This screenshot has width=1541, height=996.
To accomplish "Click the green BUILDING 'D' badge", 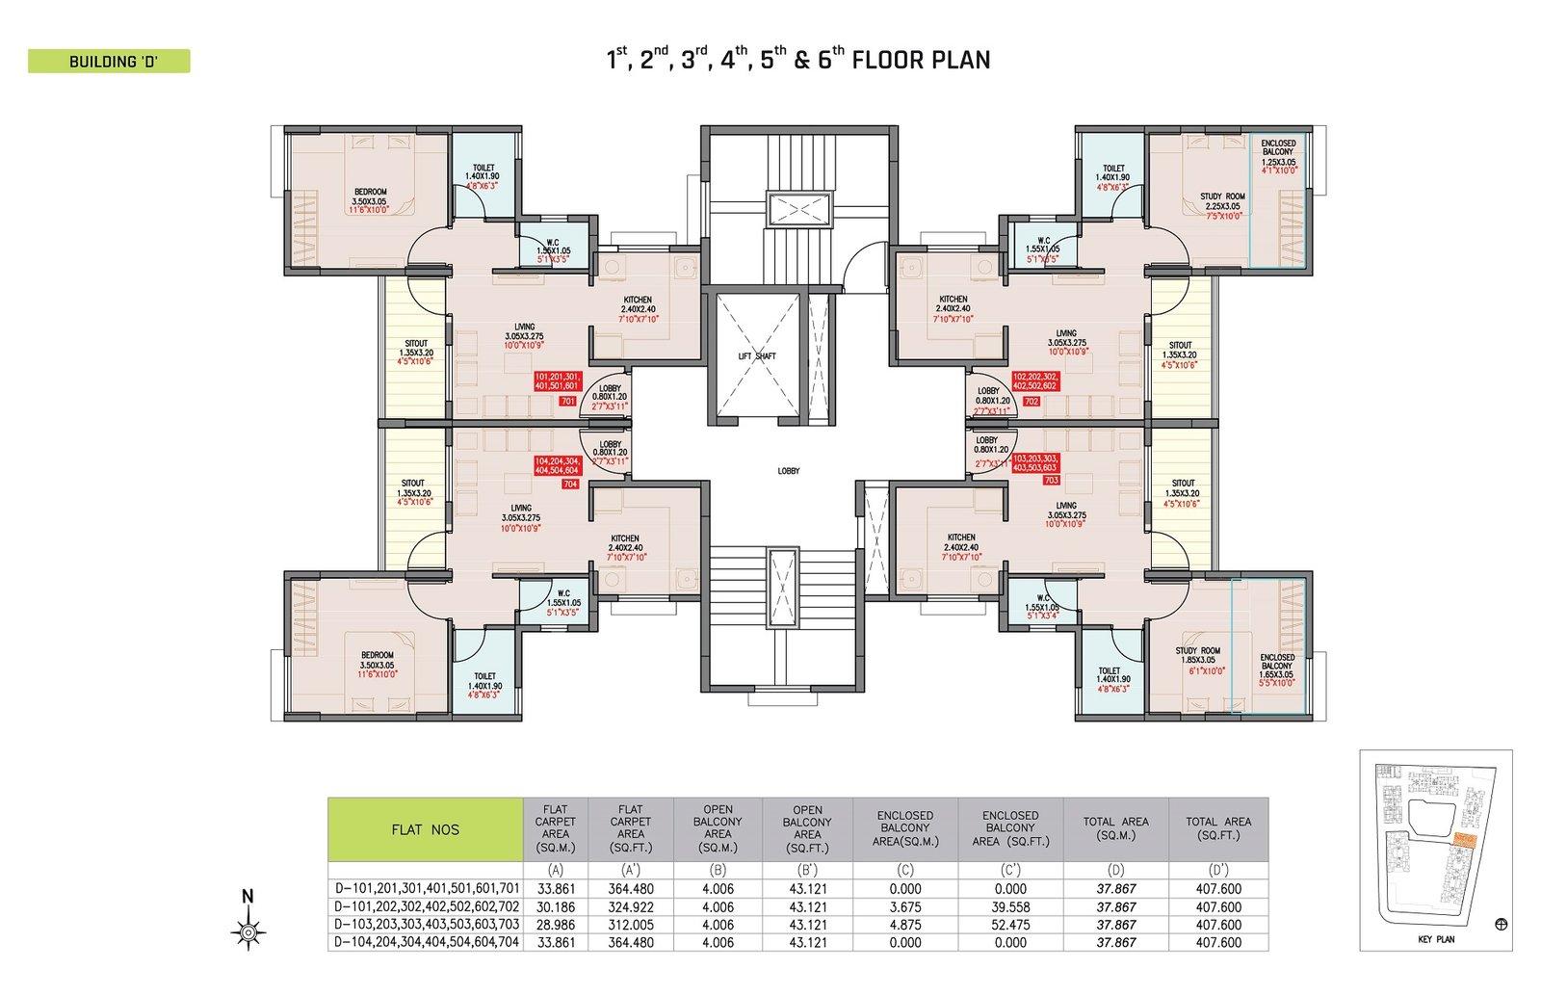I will pos(109,62).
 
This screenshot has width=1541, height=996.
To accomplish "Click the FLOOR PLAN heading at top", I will pos(797,60).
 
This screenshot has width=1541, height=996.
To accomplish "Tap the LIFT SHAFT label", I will pos(757,356).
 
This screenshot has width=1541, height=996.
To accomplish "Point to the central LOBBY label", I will pos(789,471).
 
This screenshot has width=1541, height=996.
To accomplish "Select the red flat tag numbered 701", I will pos(567,401).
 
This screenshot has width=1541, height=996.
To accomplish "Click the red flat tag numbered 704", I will pos(570,484).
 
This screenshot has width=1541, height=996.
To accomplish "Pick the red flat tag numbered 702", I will pos(1032,401).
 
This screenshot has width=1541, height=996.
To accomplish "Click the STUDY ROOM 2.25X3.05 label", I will pos(1222,206).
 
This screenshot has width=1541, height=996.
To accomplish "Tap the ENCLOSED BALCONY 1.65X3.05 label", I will pos(1277,669).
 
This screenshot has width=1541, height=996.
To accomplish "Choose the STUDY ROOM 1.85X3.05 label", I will pos(1198,660).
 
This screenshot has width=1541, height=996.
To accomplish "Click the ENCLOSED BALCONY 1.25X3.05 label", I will pos(1279,156).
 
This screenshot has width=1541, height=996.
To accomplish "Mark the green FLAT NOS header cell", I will pos(425,829).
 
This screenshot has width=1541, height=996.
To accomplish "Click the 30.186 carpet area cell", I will pos(556,906).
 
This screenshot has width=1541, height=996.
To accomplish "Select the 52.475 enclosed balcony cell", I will pos(1010,925).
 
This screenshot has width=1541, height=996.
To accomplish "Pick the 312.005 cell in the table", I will pos(631,925).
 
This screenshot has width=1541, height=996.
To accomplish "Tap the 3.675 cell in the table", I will pos(905,906).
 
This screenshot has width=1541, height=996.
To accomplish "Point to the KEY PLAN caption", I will pos(1436,939).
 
